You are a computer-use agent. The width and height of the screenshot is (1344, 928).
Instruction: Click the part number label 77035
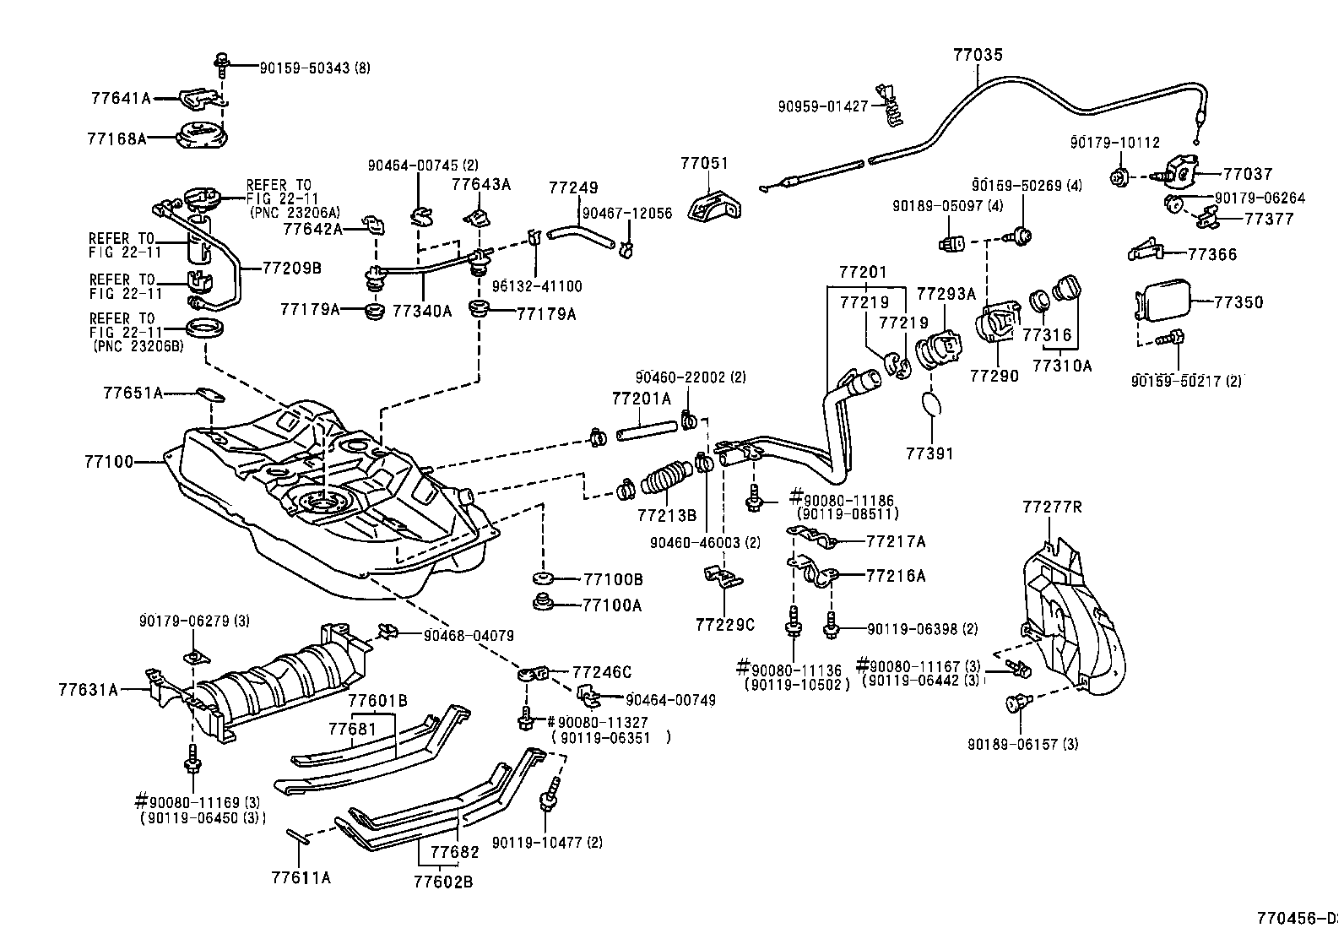pos(978,55)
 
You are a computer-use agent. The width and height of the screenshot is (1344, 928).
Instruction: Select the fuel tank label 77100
pos(108,462)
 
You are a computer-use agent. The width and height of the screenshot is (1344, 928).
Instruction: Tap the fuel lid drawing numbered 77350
pos(1165,301)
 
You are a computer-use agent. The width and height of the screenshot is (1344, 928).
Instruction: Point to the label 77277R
pos(1051,507)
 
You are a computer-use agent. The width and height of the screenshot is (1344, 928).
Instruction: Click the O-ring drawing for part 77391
pos(929,403)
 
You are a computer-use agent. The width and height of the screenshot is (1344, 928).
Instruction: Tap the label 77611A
pos(301,877)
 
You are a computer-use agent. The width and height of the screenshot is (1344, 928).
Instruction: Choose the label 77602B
pos(442,882)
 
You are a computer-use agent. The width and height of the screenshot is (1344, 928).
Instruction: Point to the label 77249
pos(573,187)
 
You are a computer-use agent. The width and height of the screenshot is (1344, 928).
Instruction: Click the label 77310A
pos(1061,366)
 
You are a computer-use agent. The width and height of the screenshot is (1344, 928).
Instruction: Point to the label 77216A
pos(896,576)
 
